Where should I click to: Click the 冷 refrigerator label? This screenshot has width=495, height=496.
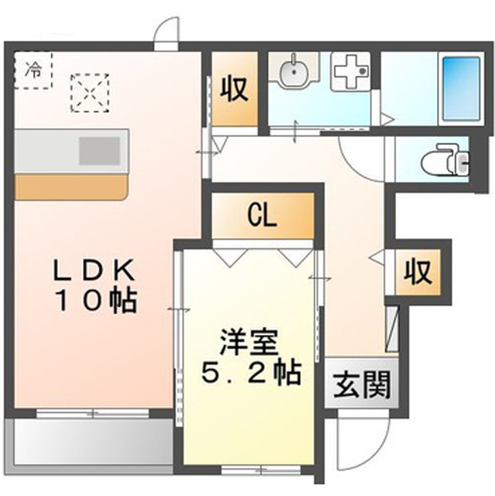(x=33, y=71)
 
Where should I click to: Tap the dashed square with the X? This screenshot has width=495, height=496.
(x=90, y=93)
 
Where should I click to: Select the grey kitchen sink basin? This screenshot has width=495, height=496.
(x=100, y=151)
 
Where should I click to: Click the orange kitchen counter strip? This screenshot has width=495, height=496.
(x=71, y=187)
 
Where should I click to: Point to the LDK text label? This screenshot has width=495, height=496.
(x=94, y=270)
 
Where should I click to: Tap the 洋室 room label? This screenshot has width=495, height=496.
(x=249, y=343)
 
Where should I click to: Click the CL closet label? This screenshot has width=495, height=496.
(x=262, y=216)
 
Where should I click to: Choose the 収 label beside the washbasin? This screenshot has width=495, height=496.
(x=234, y=88)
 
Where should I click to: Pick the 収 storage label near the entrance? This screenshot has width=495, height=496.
(x=418, y=272)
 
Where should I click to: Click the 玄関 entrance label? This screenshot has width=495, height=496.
(x=361, y=384)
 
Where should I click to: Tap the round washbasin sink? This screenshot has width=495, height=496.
(x=294, y=71)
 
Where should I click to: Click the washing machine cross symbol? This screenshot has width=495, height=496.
(x=350, y=72)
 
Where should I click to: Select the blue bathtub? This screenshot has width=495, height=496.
(x=461, y=88)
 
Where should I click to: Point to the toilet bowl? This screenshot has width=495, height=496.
(x=445, y=160)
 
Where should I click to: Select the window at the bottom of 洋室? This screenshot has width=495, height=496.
(x=261, y=470)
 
